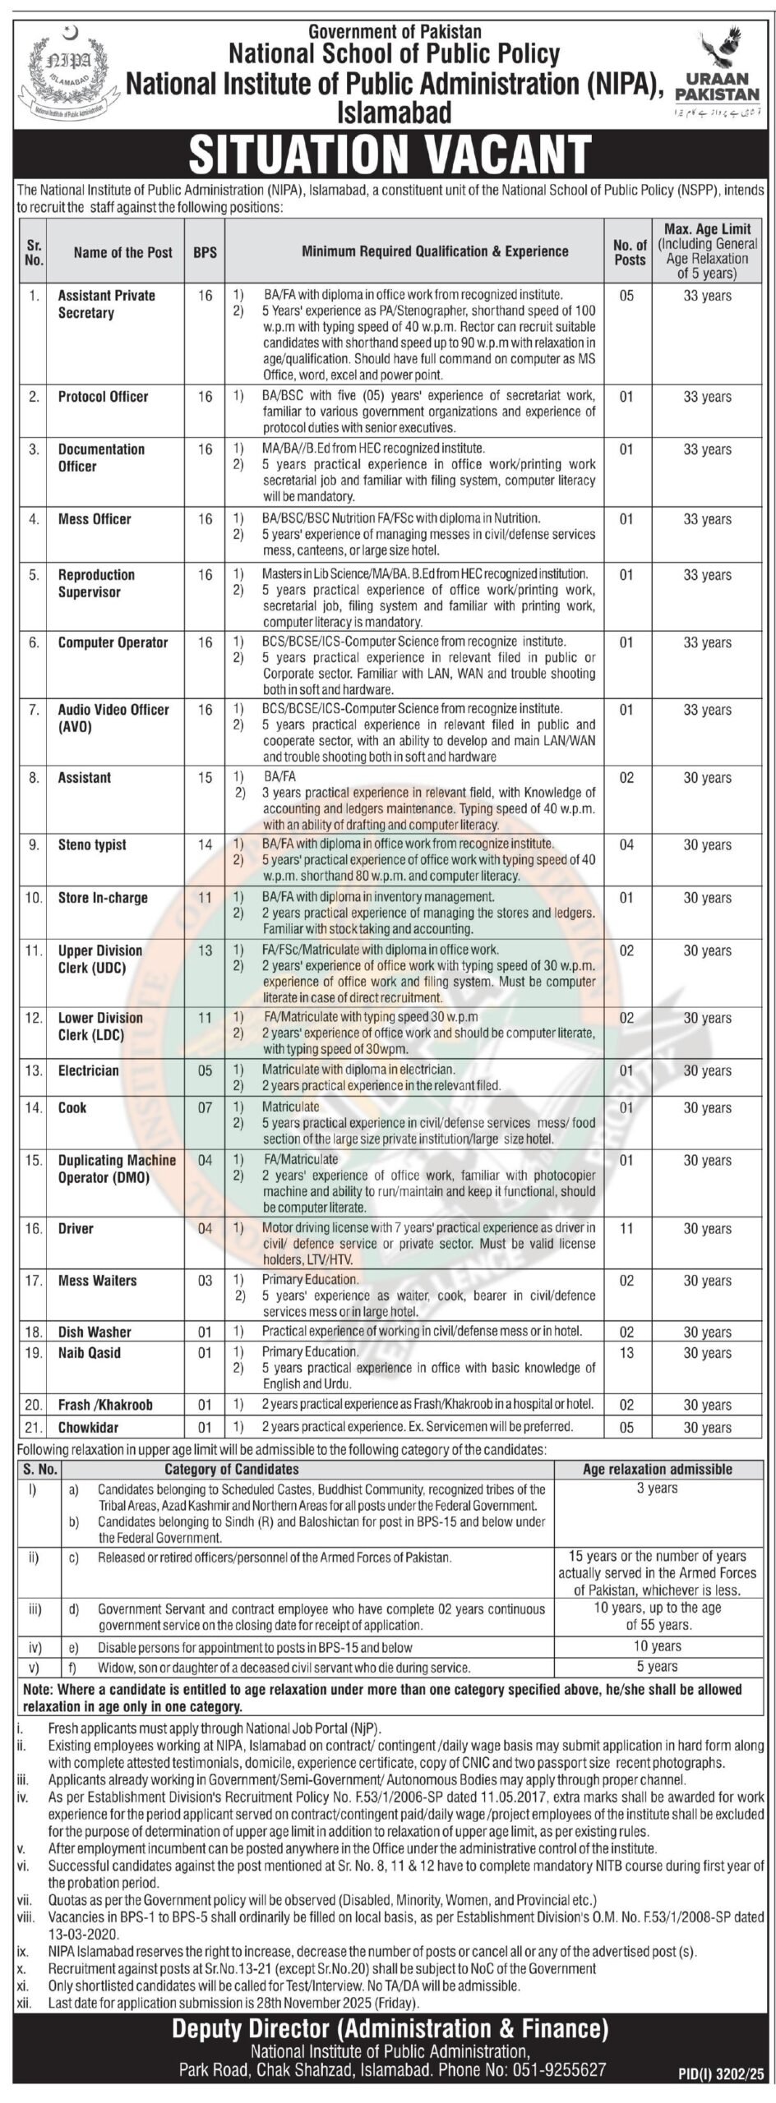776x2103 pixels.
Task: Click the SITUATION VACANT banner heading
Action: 390,154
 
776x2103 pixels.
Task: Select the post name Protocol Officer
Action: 103,397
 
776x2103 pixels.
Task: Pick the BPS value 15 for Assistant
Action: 205,777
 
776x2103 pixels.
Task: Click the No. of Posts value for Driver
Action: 626,1228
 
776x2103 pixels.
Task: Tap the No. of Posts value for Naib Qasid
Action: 626,1352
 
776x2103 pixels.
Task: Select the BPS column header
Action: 205,252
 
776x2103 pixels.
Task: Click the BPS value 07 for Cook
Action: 205,1107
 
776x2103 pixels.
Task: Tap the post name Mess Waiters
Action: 97,1280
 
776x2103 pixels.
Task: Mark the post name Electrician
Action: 88,1070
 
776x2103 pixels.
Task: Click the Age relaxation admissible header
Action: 658,1469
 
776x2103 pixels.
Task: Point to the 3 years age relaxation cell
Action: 658,1488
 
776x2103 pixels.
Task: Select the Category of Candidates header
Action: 232,1469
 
